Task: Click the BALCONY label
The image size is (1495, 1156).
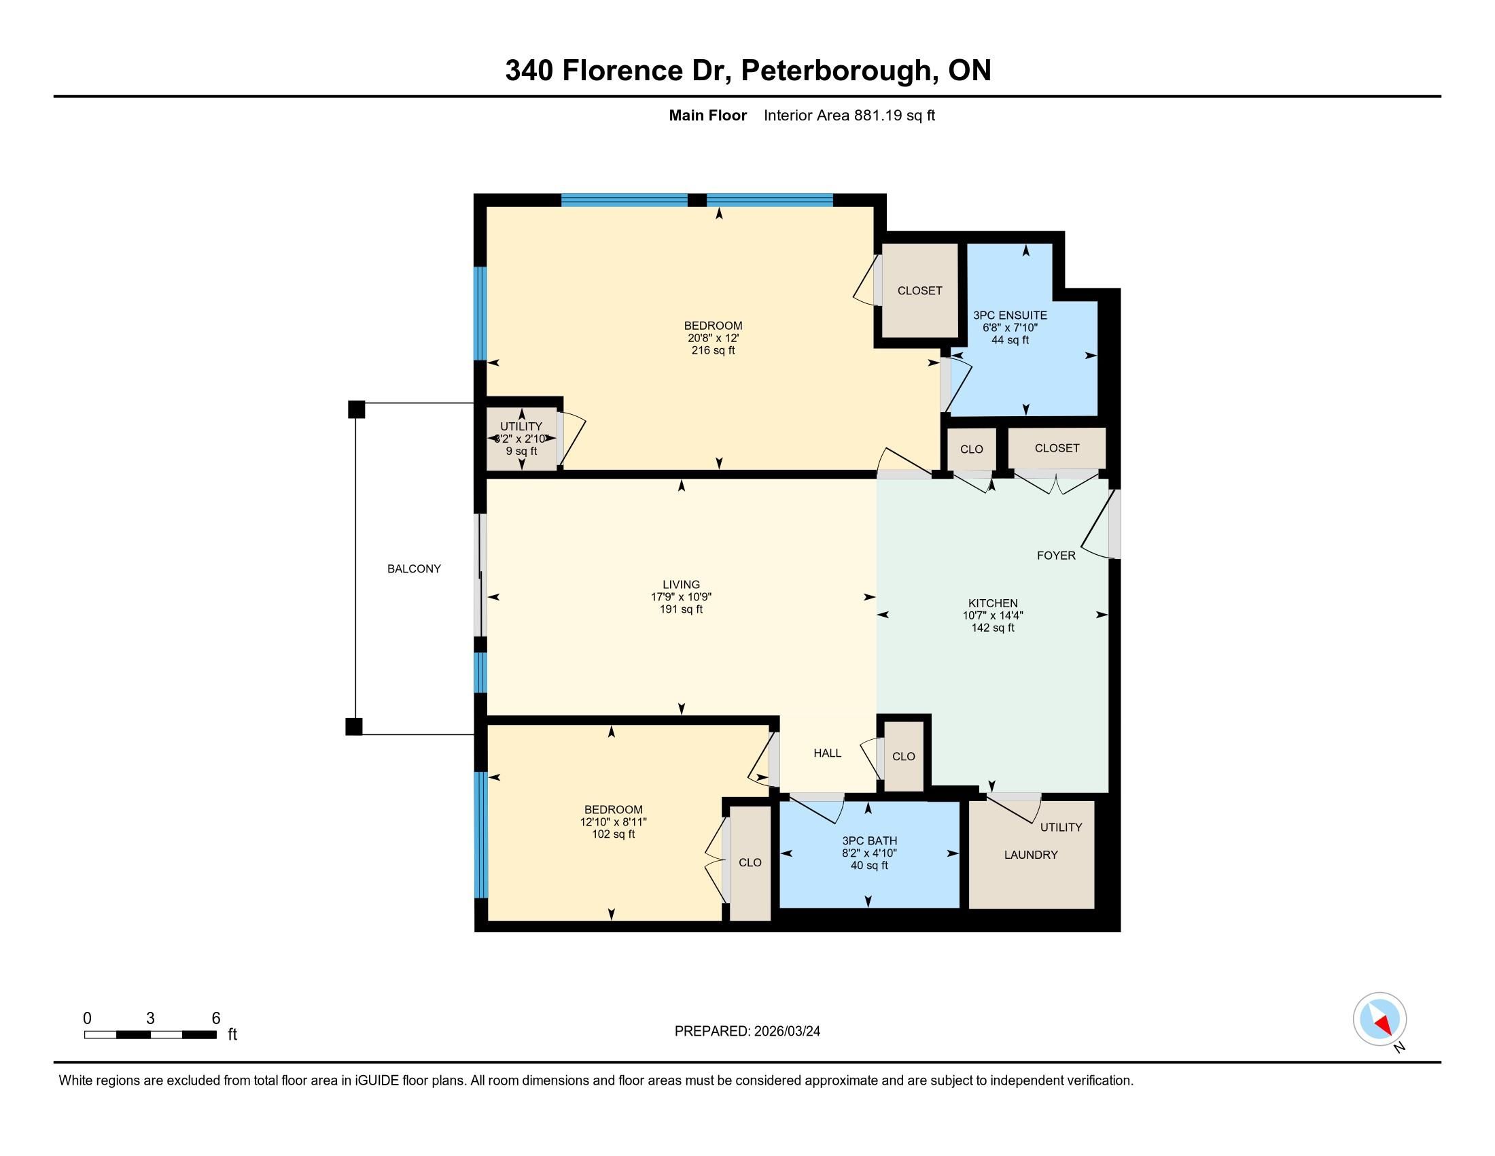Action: click(x=414, y=568)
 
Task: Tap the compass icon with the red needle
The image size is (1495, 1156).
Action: click(x=1379, y=1019)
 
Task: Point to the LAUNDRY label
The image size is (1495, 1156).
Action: click(x=1031, y=855)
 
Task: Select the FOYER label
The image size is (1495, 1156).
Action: click(x=1056, y=556)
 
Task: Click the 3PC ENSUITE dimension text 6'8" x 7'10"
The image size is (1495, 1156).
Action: click(x=1010, y=328)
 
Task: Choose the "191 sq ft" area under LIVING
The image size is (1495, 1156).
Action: click(x=681, y=609)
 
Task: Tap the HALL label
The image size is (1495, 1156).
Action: click(x=827, y=753)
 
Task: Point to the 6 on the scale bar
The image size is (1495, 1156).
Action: click(x=215, y=1019)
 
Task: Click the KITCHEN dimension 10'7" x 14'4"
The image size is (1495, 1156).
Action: click(x=993, y=615)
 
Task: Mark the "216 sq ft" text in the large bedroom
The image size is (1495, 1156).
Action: click(x=714, y=350)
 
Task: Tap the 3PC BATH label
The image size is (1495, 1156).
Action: click(x=869, y=840)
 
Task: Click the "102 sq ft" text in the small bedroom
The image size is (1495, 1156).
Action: click(x=614, y=834)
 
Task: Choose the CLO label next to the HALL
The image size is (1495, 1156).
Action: click(x=904, y=757)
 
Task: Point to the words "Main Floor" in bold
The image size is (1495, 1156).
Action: click(x=708, y=115)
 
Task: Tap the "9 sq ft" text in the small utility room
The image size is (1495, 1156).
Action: click(x=522, y=452)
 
